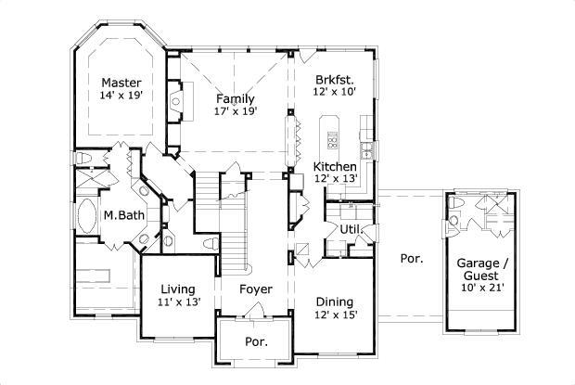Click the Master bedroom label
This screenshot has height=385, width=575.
point(121,82)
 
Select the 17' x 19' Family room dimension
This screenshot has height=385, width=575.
point(236,111)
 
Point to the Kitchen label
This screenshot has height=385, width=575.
point(335,166)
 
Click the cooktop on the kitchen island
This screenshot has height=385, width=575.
point(332,140)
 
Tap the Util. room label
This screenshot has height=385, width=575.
point(350,227)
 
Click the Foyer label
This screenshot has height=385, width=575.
point(255,289)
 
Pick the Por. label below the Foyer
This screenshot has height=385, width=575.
point(255,341)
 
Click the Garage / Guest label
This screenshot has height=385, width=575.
point(481,269)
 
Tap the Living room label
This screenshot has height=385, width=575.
point(176,289)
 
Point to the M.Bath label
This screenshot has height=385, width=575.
point(121,215)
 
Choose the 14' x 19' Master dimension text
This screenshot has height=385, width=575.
point(121,95)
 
